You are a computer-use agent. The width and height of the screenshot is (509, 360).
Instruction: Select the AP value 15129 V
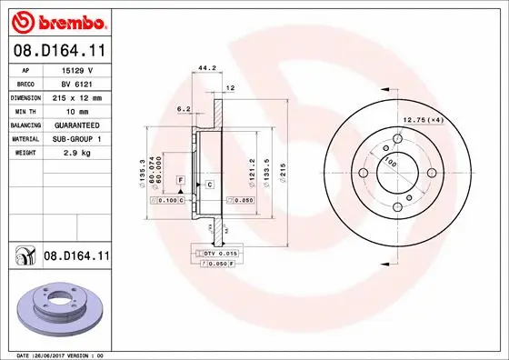pyautogui.click(x=76, y=70)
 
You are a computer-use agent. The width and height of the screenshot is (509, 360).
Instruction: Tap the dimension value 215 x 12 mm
pyautogui.click(x=76, y=96)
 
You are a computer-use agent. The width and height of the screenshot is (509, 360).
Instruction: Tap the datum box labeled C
pyautogui.click(x=209, y=185)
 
